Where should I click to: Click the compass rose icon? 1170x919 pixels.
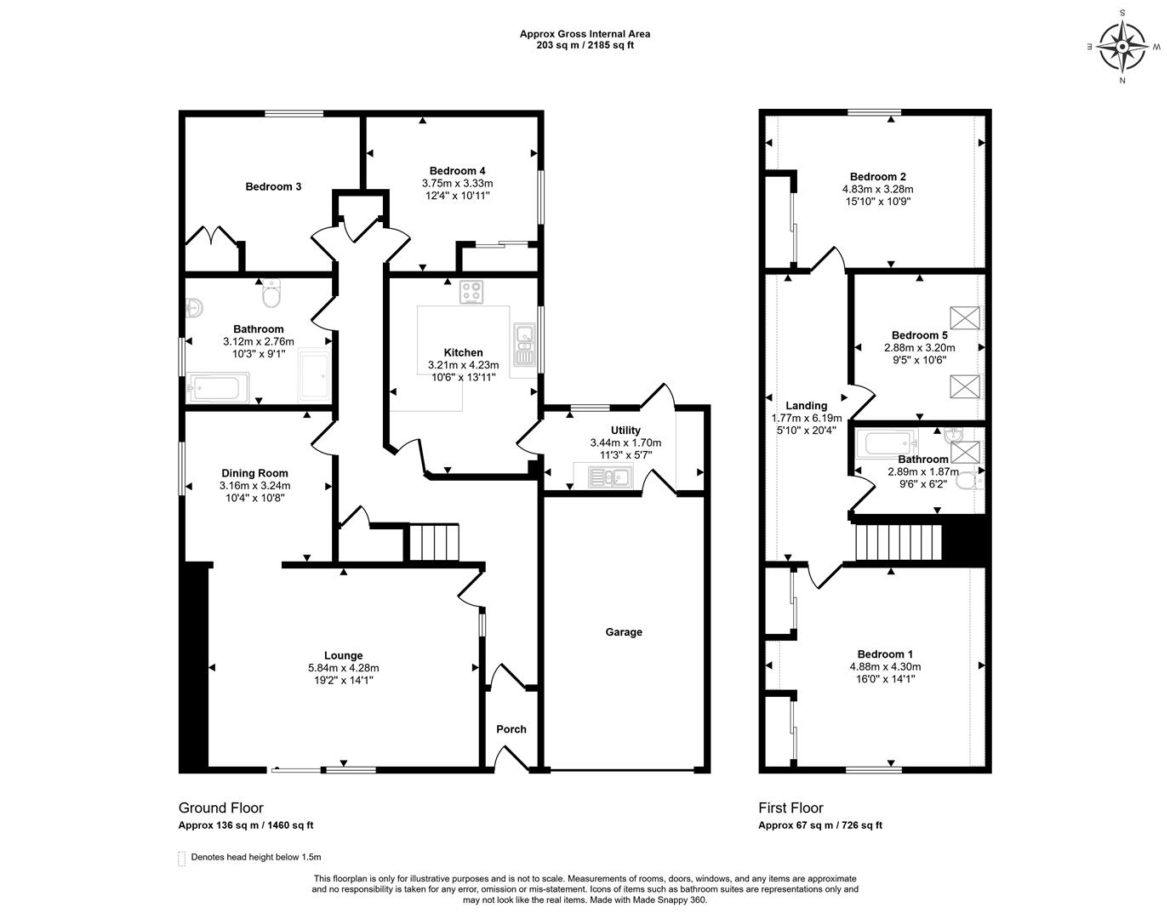coord(1122,47)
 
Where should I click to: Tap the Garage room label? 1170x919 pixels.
coord(624,632)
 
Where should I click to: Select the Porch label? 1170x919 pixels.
coord(511,729)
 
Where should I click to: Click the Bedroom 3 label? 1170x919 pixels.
coord(273,186)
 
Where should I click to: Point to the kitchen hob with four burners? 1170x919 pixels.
coord(471,292)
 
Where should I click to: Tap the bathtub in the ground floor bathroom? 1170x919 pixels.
coord(218,388)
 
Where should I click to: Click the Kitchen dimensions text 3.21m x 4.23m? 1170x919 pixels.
coord(463,366)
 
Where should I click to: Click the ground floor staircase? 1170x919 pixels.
coord(434,543)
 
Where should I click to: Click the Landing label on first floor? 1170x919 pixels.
coord(806,406)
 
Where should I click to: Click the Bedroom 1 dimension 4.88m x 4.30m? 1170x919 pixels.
coord(885,667)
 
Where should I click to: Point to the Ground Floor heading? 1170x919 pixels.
coord(220,808)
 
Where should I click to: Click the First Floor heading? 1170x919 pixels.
coord(790,808)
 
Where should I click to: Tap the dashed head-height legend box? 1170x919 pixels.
coord(181,858)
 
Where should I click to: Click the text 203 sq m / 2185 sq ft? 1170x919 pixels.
coord(585,45)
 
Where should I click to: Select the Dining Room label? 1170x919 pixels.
coord(254,473)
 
